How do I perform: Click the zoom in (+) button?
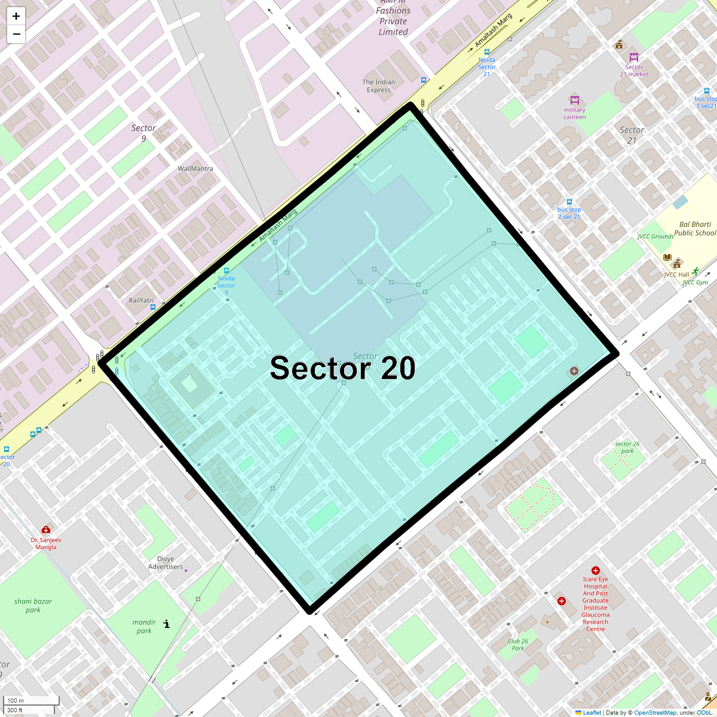coord(16,16)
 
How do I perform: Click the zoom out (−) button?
coord(16,34)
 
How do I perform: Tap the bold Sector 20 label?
coord(342,369)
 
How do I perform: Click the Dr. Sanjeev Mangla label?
coord(46,543)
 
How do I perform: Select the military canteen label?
coord(575,114)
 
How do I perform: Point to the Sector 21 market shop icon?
coord(634,57)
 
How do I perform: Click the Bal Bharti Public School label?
coord(695,229)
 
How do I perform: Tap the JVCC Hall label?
coord(676,275)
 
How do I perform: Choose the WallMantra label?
coord(195,168)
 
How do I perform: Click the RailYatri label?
coord(141,301)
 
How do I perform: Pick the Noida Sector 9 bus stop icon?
coord(226,271)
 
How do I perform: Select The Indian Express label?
coord(379,86)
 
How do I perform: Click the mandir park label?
coord(144,626)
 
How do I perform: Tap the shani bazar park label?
coord(33,605)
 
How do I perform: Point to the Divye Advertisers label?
coord(166,563)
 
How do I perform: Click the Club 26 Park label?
coord(517,645)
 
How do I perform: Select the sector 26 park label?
coord(627,448)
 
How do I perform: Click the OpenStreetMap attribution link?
coord(655,712)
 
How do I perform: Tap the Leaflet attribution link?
coord(592,712)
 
